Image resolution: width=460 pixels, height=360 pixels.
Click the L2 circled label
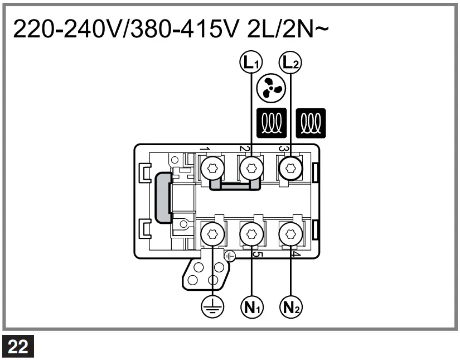[x=290, y=62]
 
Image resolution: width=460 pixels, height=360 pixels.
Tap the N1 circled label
[x=252, y=306]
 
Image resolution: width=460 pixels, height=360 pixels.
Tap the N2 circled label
[x=291, y=306]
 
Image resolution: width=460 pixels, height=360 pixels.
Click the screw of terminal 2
[x=251, y=167]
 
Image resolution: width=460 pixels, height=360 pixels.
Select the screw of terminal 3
[x=290, y=167]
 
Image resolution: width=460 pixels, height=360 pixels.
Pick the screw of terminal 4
[x=290, y=234]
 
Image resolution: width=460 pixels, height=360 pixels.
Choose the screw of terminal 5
[x=251, y=234]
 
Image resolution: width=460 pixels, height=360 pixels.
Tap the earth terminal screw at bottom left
[x=212, y=234]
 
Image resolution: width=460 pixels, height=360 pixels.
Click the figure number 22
[x=18, y=347]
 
